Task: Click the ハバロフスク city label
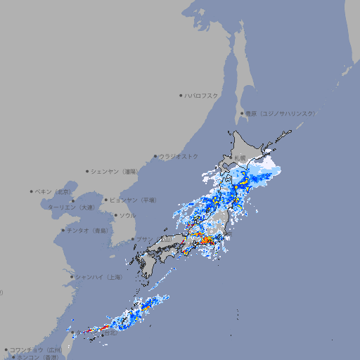click(202, 95)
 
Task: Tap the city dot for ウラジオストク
click(156, 157)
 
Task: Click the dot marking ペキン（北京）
click(32, 191)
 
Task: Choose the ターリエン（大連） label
click(71, 207)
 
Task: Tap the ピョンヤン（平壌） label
click(130, 200)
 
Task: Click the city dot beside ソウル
click(115, 215)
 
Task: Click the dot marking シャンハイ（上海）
click(72, 277)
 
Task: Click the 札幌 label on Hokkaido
click(240, 158)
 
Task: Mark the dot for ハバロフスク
click(181, 95)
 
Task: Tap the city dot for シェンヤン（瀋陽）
click(88, 171)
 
